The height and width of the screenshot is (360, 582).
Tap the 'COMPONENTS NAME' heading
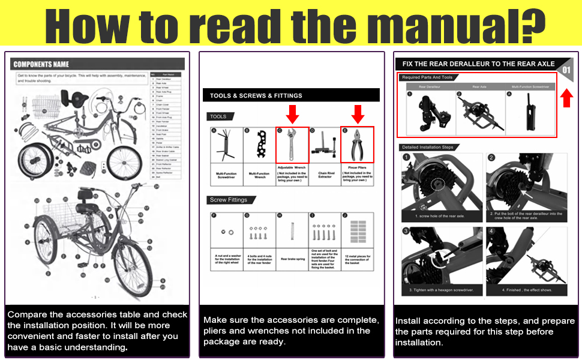click(41, 64)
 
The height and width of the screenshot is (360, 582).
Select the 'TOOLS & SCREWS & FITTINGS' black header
click(256, 95)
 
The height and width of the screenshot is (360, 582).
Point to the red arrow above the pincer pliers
click(358, 113)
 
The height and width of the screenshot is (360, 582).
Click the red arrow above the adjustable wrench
click(292, 113)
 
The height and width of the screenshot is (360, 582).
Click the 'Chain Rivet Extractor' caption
click(325, 174)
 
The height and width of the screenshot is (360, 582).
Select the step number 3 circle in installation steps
click(406, 231)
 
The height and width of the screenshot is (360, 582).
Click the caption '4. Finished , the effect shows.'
click(525, 291)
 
